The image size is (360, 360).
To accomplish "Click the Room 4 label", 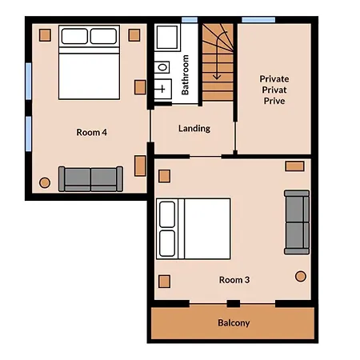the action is (x=91, y=132).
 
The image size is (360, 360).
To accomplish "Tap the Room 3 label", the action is (x=234, y=280).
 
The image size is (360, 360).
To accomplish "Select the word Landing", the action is (x=194, y=129).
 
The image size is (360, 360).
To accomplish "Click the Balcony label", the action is (x=234, y=323).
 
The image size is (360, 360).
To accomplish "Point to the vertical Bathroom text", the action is (x=185, y=74).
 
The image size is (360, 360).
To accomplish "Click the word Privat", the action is (x=274, y=90).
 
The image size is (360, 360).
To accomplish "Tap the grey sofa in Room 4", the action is (x=90, y=179).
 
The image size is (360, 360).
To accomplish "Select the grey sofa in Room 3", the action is (x=297, y=222).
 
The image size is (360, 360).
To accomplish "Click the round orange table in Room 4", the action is (x=45, y=182).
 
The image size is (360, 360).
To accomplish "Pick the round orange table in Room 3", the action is (x=301, y=276).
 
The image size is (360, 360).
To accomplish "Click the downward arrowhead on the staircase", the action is (x=217, y=77).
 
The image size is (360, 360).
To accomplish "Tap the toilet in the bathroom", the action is (x=162, y=67).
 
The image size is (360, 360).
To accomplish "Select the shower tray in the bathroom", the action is (x=167, y=37).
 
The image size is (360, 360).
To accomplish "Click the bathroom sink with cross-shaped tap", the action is (x=163, y=89).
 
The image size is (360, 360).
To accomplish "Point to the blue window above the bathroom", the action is (x=190, y=20).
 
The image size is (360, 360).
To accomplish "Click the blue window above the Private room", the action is (x=258, y=20).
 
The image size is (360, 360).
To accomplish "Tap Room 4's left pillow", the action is (x=74, y=36).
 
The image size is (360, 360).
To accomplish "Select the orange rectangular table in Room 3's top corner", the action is (x=294, y=166).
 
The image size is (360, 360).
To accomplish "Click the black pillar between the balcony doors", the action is (x=234, y=303).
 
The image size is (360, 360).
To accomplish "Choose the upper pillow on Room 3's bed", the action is (x=167, y=214).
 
